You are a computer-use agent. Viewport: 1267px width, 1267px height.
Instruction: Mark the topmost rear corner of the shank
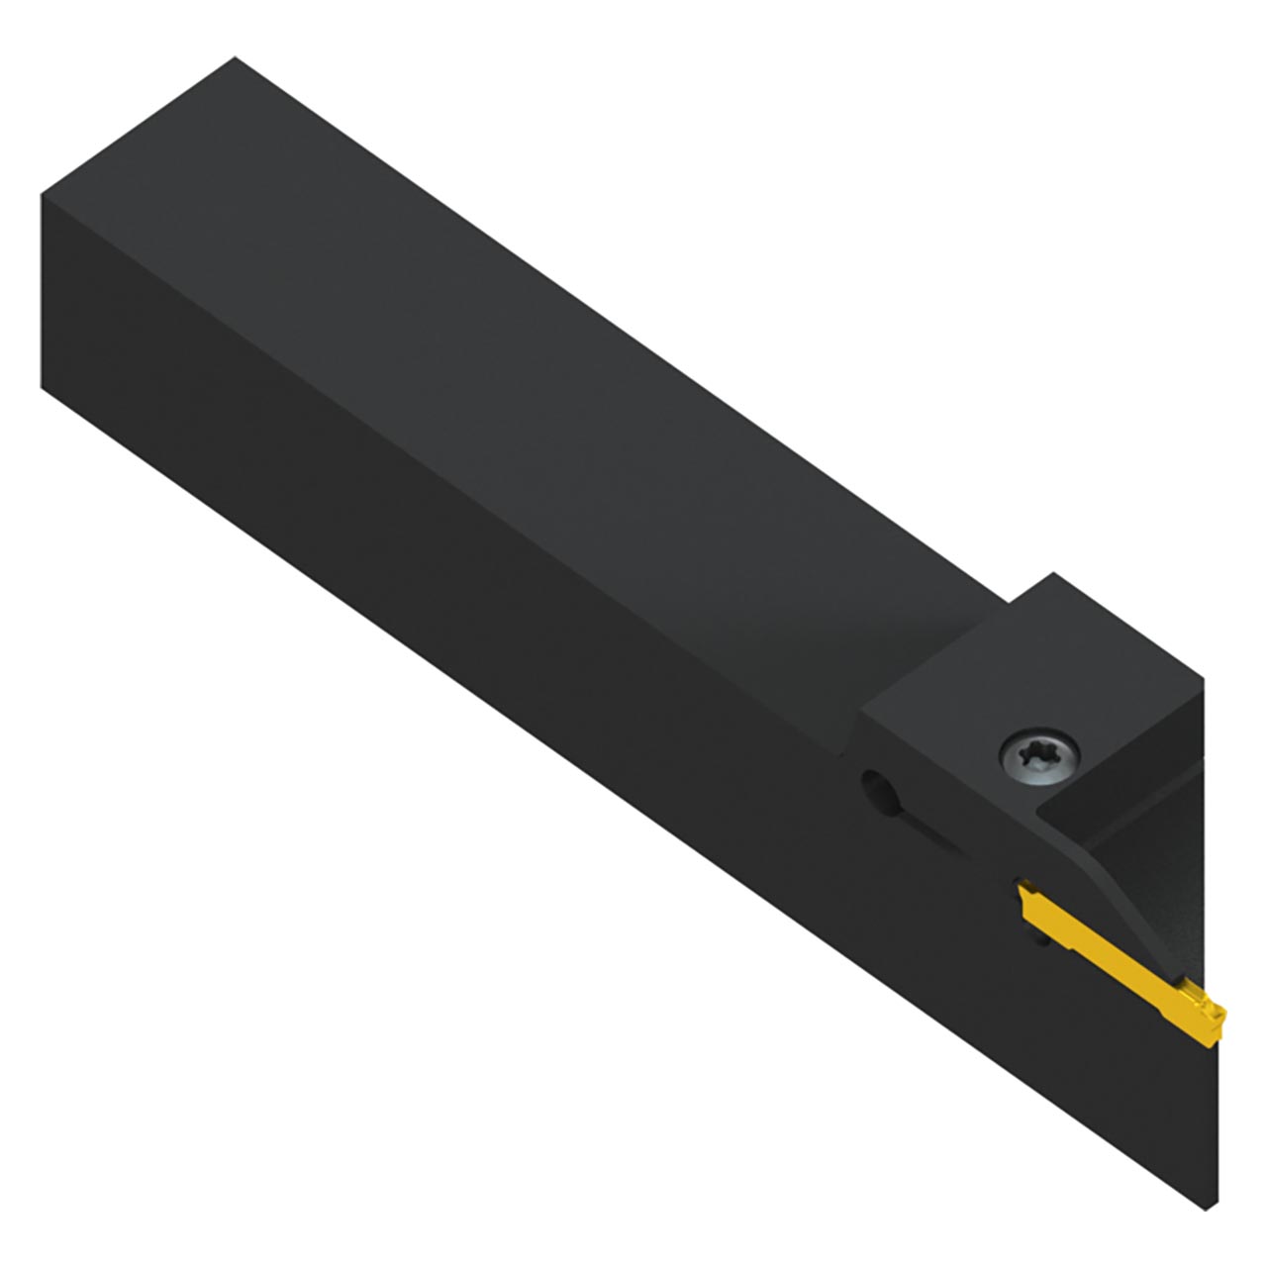click(235, 58)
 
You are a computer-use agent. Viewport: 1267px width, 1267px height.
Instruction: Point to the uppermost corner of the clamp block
click(1055, 573)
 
